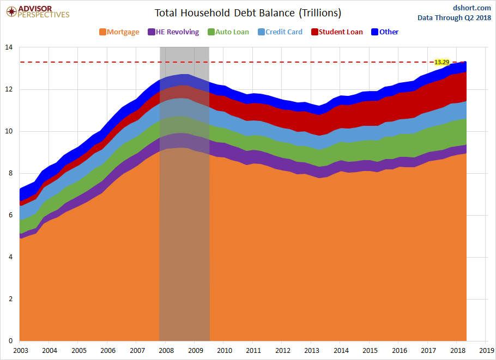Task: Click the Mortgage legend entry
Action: point(119,32)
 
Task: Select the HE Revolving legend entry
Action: point(173,32)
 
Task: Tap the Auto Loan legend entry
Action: point(228,32)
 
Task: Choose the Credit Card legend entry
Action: point(280,32)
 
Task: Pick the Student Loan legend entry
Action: point(337,32)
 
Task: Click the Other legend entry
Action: point(385,32)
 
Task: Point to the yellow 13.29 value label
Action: point(442,62)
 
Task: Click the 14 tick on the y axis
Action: point(9,47)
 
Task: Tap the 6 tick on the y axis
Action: point(11,215)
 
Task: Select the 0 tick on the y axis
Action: point(11,341)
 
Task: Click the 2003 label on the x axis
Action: point(21,351)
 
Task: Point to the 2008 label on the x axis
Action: point(166,351)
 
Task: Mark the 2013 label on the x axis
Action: point(312,351)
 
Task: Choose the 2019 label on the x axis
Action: point(487,351)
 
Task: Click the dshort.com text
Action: point(472,8)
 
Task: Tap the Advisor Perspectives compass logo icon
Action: point(11,11)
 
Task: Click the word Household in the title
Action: point(205,13)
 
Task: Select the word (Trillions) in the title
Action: point(320,13)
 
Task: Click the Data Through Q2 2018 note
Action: point(454,17)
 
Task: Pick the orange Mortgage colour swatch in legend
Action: point(102,32)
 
